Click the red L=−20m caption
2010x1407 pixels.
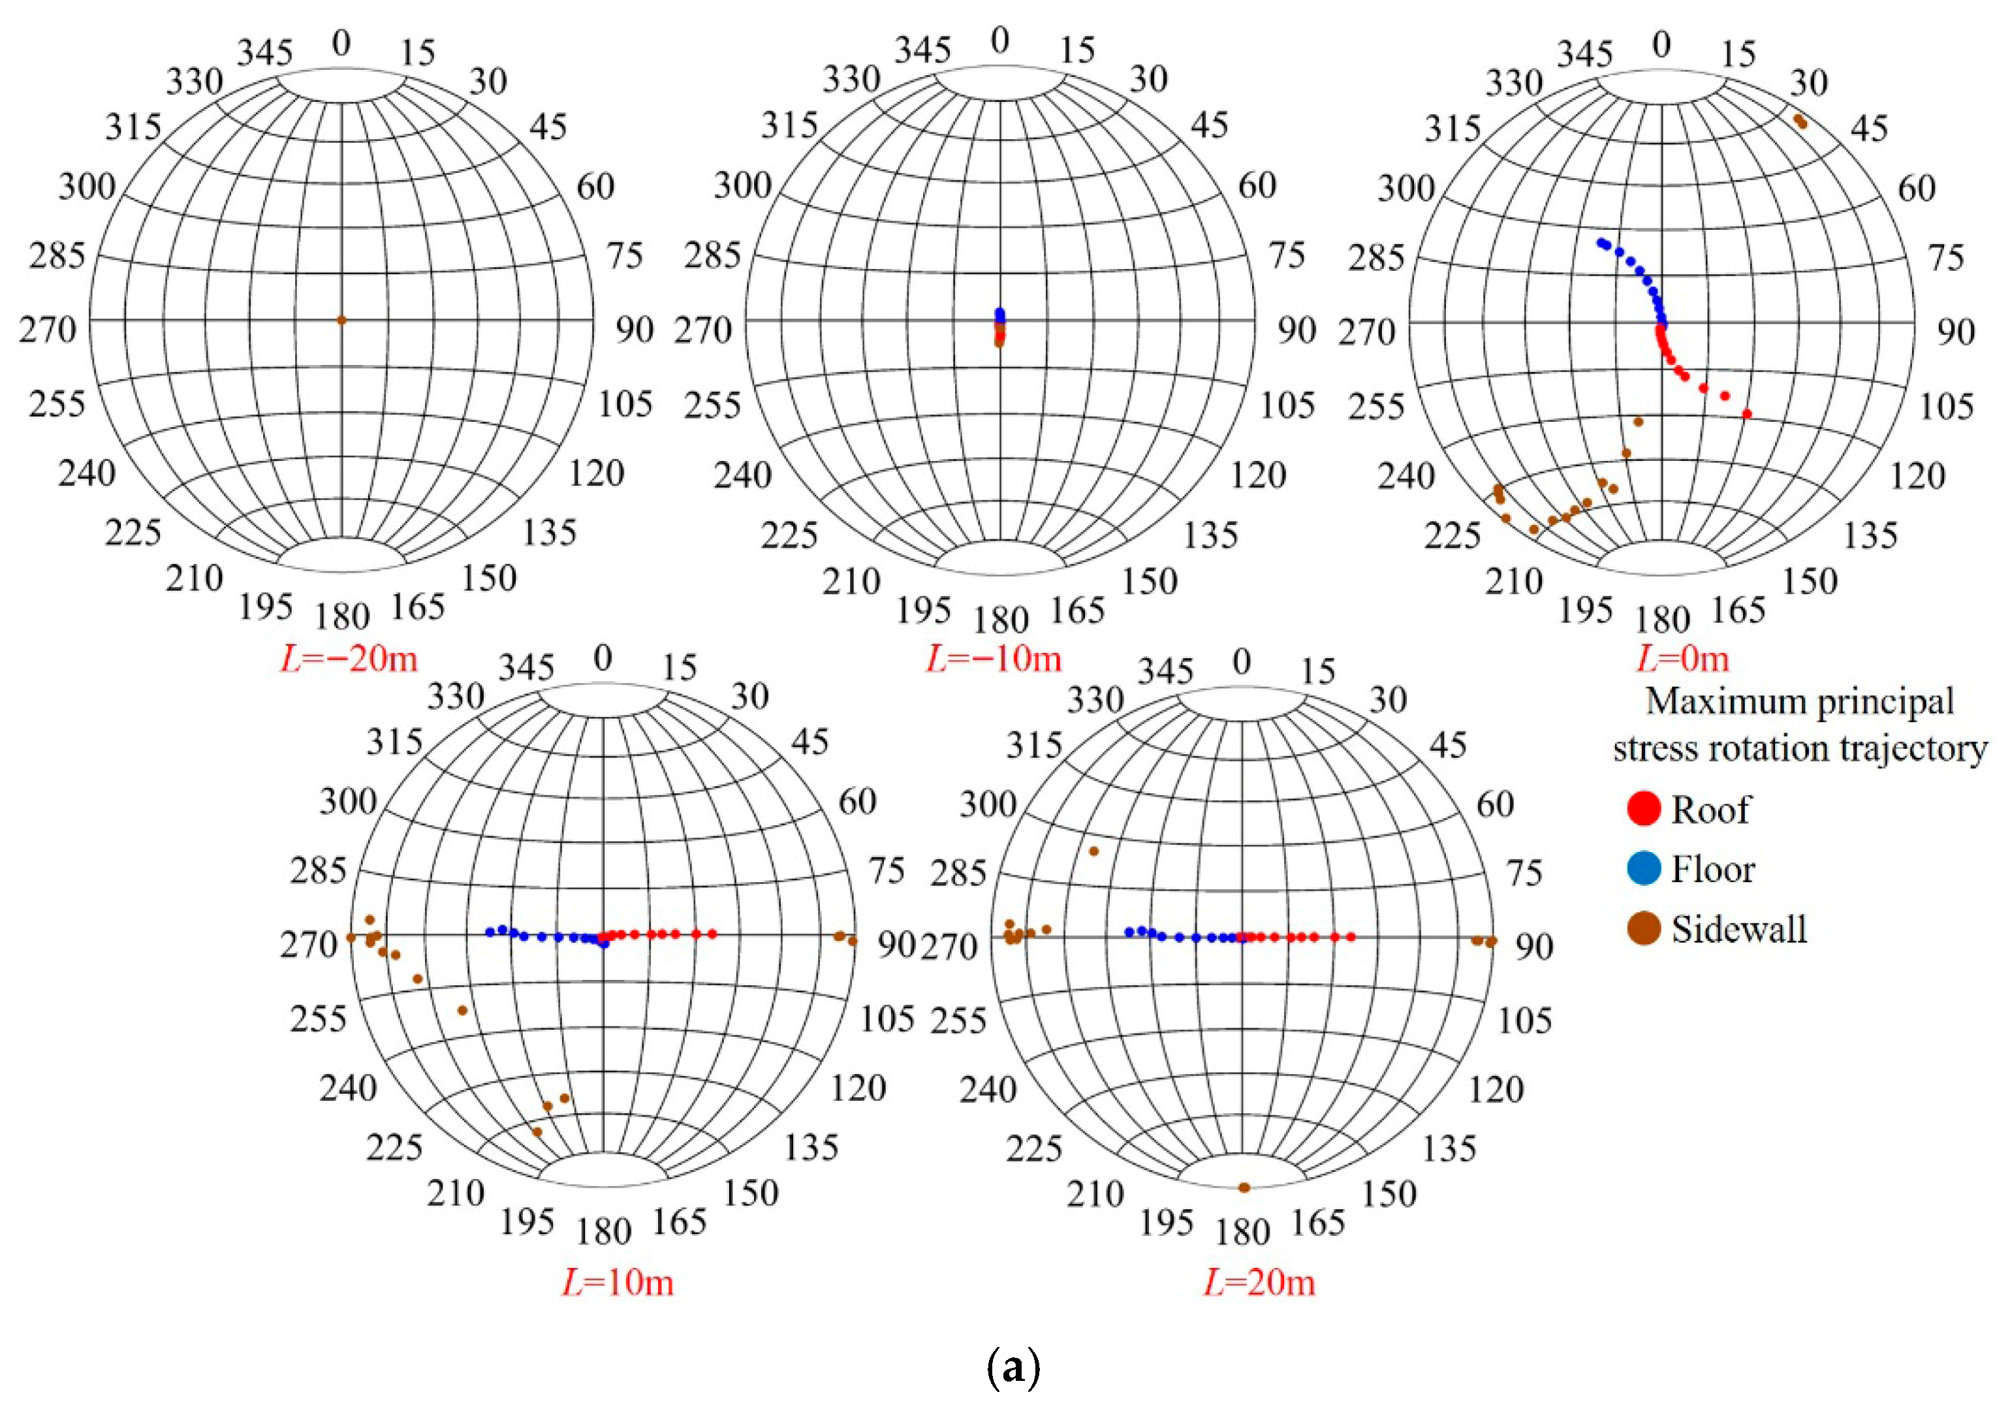[x=349, y=658]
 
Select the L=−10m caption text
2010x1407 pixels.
[x=994, y=658]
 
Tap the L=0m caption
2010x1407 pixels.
[x=1682, y=658]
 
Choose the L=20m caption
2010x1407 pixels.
[x=1259, y=1283]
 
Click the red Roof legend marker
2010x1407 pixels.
[x=1644, y=808]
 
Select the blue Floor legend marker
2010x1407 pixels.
[x=1644, y=868]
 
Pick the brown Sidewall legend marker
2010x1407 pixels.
[x=1644, y=929]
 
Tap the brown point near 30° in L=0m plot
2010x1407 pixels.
[x=1800, y=121]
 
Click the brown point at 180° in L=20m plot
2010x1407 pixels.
[x=1244, y=1187]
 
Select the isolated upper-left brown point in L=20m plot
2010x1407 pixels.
[x=1093, y=851]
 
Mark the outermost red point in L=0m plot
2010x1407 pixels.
[x=1746, y=414]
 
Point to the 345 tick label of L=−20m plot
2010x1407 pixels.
[x=265, y=54]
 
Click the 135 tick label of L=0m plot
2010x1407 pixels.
[x=1871, y=535]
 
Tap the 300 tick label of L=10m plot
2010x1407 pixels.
[x=347, y=801]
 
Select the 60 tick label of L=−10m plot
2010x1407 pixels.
[x=1257, y=185]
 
